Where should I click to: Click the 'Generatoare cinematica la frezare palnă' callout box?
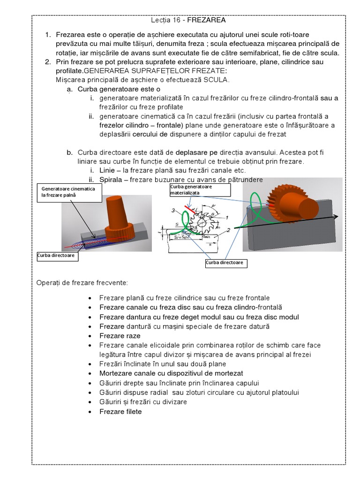[69, 192]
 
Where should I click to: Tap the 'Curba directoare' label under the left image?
[56, 256]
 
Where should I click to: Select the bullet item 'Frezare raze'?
[120, 336]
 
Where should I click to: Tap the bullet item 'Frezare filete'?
[120, 412]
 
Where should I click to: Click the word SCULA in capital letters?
[215, 80]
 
